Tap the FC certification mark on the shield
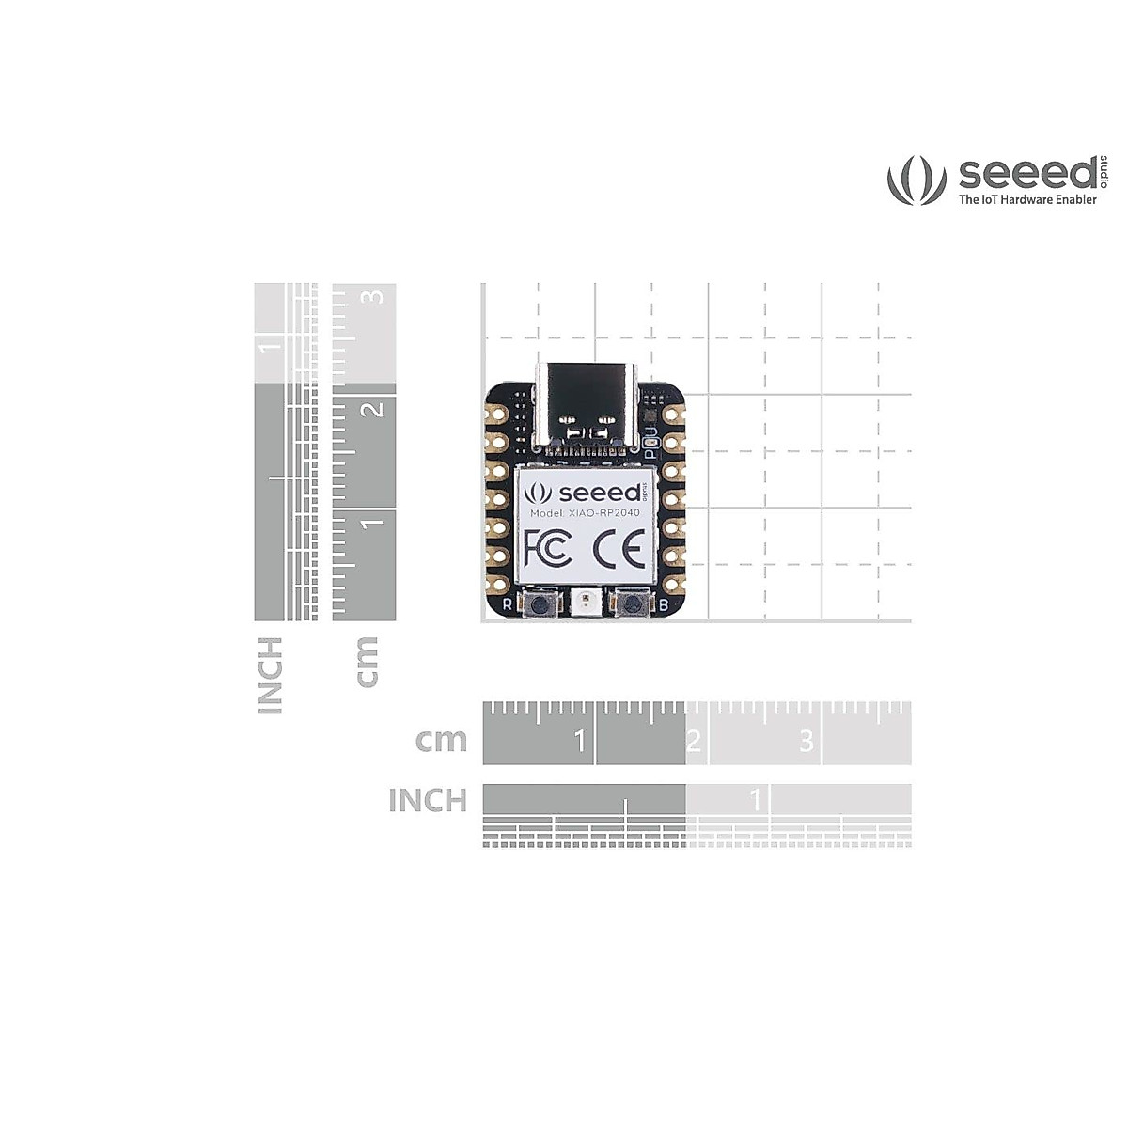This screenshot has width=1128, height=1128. click(548, 547)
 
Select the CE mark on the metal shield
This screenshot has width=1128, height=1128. click(620, 547)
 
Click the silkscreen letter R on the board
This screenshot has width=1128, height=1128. click(508, 604)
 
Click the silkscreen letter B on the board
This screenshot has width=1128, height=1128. click(665, 604)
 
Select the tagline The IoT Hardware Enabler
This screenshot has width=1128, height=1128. click(1027, 199)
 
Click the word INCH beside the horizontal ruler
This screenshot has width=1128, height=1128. click(428, 801)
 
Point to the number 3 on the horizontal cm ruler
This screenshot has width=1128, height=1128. click(806, 742)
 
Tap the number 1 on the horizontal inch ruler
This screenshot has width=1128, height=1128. click(756, 801)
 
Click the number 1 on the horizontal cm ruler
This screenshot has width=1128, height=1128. click(580, 742)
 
